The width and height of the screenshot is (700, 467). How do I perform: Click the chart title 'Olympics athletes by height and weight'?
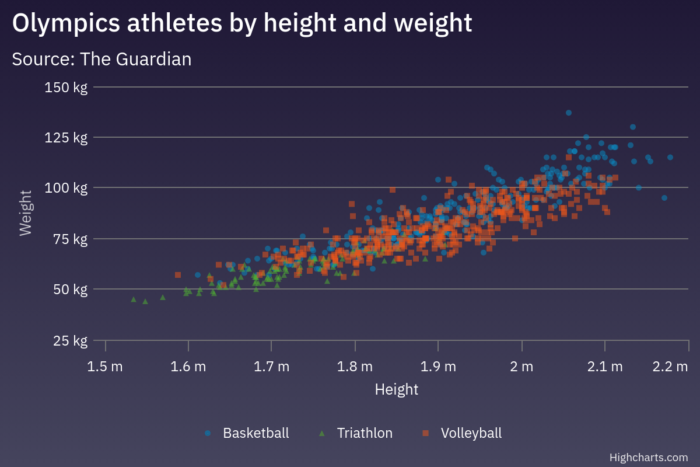(x=242, y=23)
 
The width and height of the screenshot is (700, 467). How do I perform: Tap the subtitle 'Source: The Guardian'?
(x=101, y=59)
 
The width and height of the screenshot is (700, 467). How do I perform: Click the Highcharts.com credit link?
(x=648, y=457)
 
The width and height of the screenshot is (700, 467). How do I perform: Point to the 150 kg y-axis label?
(x=66, y=88)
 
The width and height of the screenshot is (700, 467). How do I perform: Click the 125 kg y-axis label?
(x=66, y=138)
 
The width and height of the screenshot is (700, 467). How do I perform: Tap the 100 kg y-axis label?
(x=66, y=188)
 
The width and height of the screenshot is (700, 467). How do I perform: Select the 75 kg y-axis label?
(x=69, y=239)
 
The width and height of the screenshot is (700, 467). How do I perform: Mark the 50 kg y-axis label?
(x=69, y=290)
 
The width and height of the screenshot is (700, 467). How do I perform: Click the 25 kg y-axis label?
(x=69, y=340)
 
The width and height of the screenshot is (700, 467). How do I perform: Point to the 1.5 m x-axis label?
(x=106, y=367)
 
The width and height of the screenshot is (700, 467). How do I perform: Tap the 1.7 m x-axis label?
(x=272, y=367)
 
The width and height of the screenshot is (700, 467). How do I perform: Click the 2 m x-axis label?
(x=521, y=367)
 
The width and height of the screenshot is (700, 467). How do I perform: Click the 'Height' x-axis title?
(x=397, y=389)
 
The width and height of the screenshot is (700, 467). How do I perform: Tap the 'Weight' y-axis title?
(x=25, y=213)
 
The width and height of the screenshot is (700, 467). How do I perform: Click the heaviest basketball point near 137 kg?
(x=569, y=113)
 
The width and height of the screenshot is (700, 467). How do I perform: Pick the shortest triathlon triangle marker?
(x=134, y=299)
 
